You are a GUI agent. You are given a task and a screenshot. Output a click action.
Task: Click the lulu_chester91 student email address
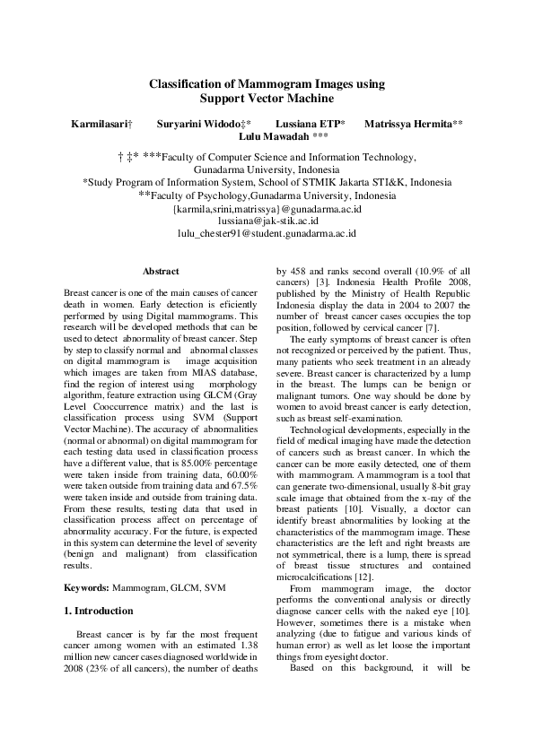(267, 232)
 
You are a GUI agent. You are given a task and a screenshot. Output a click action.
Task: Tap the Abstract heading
(161, 271)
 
